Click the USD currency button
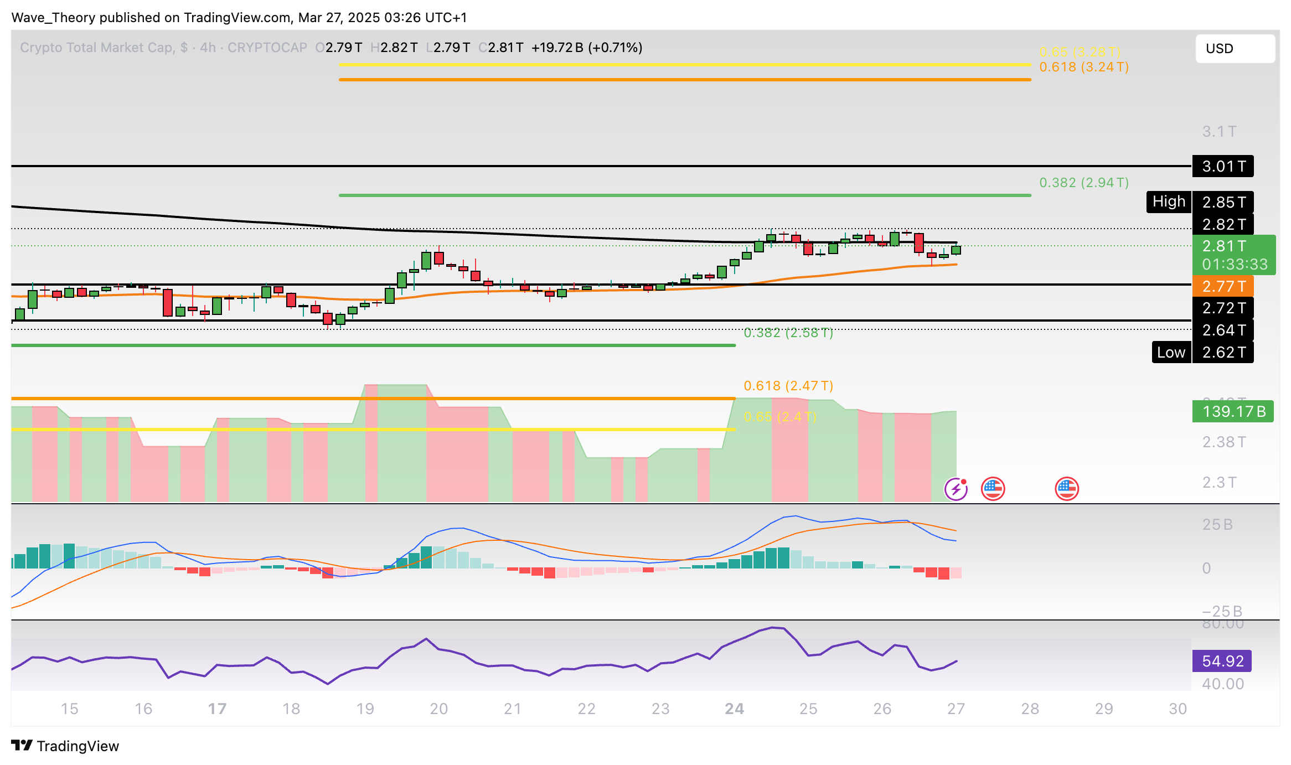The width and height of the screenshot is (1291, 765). tap(1235, 49)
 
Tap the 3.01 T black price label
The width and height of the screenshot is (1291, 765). tap(1223, 166)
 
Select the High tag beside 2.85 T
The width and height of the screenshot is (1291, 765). tap(1168, 201)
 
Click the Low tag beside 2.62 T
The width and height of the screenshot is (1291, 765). tap(1170, 352)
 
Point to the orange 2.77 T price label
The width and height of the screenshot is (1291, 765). tap(1223, 286)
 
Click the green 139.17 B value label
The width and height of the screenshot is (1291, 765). tap(1233, 411)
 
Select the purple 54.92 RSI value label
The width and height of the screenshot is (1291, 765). tap(1222, 661)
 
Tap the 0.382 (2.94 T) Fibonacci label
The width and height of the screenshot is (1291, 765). tap(1083, 183)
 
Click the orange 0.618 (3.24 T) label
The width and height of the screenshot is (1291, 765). tap(1083, 67)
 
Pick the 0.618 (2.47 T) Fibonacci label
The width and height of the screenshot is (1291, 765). tap(788, 385)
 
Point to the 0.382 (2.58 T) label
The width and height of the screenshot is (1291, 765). tap(788, 333)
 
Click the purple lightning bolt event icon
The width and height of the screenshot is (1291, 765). tap(956, 489)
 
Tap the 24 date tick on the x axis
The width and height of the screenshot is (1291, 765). tap(734, 709)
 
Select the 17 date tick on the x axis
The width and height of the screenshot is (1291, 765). tap(217, 709)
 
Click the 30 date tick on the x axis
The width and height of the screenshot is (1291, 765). tap(1178, 709)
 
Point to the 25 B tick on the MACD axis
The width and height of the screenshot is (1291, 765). tap(1217, 524)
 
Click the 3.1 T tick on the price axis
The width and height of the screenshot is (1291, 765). tap(1218, 132)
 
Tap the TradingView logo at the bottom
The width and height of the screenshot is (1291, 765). tap(65, 746)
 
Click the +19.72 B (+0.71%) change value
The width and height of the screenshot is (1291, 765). tap(586, 48)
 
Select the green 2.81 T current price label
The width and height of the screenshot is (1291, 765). tap(1234, 246)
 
